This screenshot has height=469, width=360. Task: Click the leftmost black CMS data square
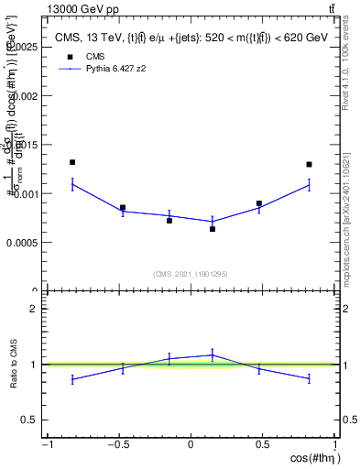click(x=72, y=162)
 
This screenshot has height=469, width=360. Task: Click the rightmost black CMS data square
click(x=309, y=165)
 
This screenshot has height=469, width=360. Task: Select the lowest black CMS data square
click(x=213, y=229)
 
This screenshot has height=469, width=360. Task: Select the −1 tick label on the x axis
click(x=46, y=444)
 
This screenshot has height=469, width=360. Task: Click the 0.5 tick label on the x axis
click(x=262, y=444)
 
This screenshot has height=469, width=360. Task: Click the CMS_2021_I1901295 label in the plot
click(x=191, y=274)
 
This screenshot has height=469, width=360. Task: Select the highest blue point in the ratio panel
click(x=213, y=354)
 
